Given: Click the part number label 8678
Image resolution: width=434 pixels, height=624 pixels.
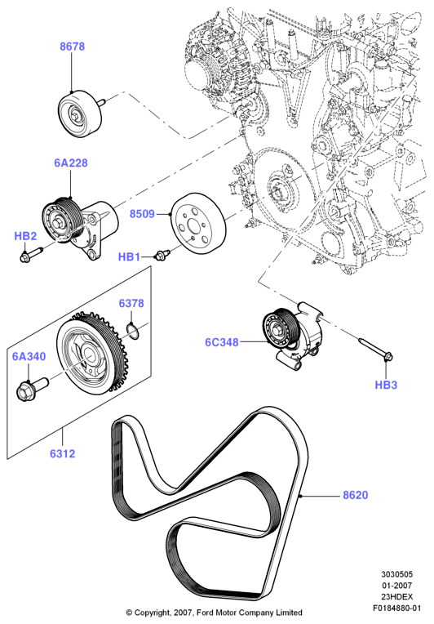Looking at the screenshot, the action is [73, 47].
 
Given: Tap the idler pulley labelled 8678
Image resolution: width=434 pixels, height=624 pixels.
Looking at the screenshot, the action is [80, 114].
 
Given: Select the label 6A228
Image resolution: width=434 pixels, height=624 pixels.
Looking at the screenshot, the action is [71, 163].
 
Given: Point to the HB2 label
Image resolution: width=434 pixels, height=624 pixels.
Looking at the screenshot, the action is [25, 236].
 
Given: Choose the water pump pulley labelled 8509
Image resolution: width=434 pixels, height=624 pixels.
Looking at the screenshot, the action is [198, 222].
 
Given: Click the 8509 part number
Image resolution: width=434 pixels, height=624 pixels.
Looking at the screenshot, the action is [142, 214].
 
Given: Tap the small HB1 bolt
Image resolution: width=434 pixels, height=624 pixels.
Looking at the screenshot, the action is [162, 255].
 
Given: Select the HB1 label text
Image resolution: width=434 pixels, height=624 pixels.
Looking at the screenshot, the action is [129, 257].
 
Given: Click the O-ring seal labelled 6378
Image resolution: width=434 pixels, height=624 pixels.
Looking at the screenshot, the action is [133, 332].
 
